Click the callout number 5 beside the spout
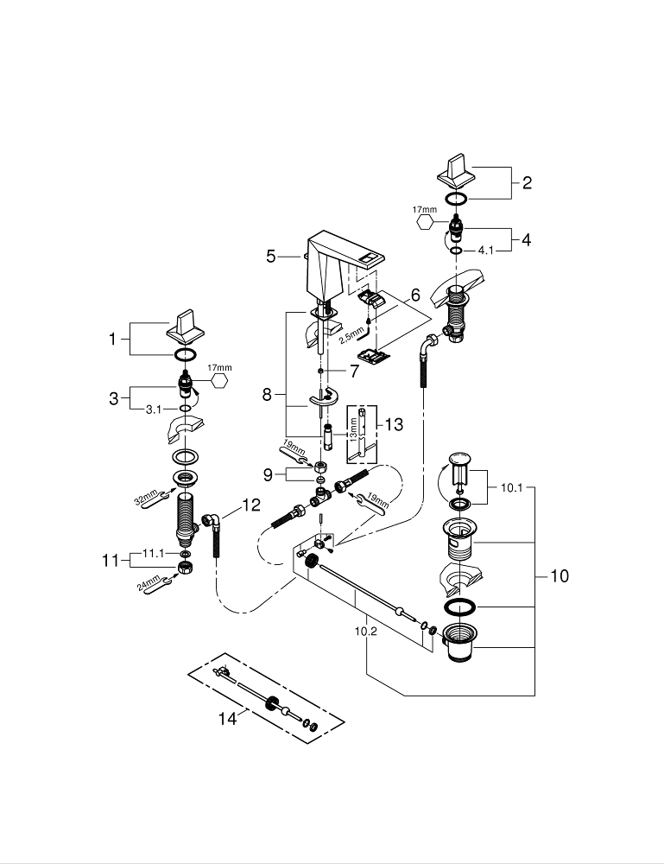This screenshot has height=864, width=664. [271, 256]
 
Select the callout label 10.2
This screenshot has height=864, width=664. [367, 632]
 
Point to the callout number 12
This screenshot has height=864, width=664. [250, 506]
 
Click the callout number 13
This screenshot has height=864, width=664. [393, 424]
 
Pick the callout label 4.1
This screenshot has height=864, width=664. [485, 251]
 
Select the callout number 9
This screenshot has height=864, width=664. [269, 473]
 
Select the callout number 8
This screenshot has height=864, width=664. [268, 395]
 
